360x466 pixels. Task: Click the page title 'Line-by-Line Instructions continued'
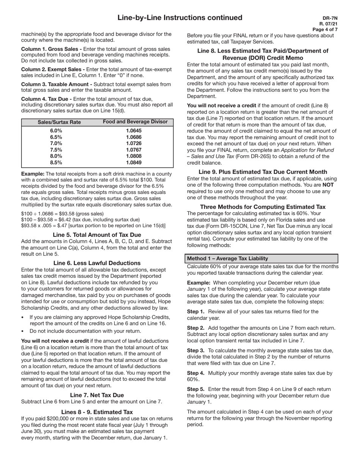pos(180,18)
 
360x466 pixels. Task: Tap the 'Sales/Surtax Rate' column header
pos(59,122)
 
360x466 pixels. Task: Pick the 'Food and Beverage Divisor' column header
pos(135,122)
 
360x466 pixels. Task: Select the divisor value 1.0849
pos(134,163)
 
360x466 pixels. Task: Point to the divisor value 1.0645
pos(134,130)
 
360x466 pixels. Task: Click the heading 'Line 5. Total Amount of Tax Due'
pos(97,235)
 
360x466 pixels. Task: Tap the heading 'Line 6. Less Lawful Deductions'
pos(97,263)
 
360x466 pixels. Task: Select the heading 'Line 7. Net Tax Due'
pos(97,395)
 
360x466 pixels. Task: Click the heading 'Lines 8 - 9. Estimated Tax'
pos(97,412)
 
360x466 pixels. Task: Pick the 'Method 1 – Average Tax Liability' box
pos(262,258)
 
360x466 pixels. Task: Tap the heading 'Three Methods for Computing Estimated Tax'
pos(263,207)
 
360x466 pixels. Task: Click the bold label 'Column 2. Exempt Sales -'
pos(53,69)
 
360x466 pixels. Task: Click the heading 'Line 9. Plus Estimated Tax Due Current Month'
pos(263,172)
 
